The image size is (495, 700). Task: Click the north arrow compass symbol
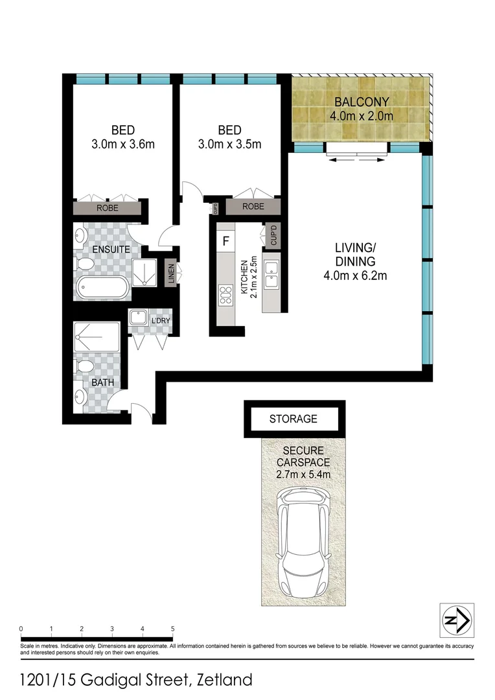457,620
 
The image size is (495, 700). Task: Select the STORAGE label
294,419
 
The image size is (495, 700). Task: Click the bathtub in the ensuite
102,288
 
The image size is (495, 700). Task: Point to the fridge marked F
225,241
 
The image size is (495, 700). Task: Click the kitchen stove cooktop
226,295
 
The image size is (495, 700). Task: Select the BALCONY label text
362,102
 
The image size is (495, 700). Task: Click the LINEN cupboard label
170,272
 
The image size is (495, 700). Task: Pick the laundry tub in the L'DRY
138,318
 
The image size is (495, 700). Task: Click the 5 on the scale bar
172,629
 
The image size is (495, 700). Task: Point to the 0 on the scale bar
21,629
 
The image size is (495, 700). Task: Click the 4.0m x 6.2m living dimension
355,276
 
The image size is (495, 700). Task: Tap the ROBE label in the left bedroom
107,209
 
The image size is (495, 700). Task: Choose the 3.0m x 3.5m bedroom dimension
229,144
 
